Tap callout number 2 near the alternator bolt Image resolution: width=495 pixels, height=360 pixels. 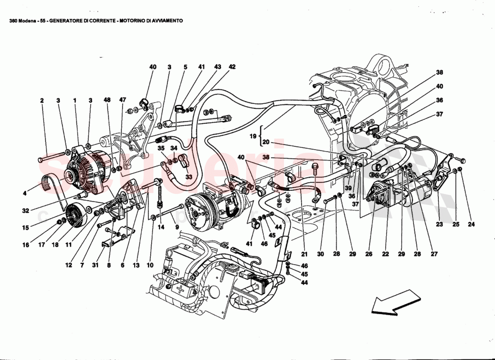pyautogui.click(x=42, y=101)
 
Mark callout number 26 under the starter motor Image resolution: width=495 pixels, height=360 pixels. pyautogui.click(x=369, y=254)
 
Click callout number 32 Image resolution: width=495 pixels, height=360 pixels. pyautogui.click(x=26, y=210)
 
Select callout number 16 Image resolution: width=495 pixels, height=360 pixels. pyautogui.click(x=26, y=245)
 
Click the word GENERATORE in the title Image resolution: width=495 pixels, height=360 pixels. pyautogui.click(x=67, y=21)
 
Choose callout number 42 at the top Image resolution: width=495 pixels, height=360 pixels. pyautogui.click(x=232, y=67)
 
